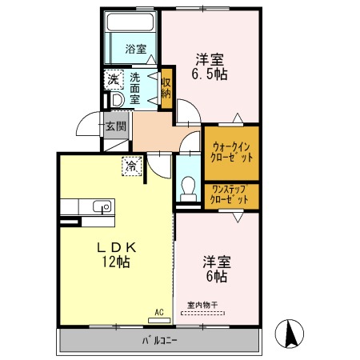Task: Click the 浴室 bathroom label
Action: click(136, 49)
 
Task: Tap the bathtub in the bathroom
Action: click(130, 22)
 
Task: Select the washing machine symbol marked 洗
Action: click(114, 79)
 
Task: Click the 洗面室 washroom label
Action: click(135, 89)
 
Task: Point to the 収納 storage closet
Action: click(166, 89)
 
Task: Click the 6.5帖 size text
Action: click(210, 74)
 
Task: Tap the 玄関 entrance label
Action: click(116, 126)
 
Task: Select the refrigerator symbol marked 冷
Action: click(132, 166)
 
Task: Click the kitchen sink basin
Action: click(102, 206)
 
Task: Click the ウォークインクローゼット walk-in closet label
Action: click(231, 153)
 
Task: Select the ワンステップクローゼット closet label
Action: click(230, 195)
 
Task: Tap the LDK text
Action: click(117, 248)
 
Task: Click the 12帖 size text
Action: click(116, 262)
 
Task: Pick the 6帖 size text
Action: click(217, 277)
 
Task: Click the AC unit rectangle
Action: click(159, 320)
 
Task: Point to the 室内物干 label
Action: click(202, 305)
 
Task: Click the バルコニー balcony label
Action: click(159, 341)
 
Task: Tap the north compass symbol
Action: click(290, 334)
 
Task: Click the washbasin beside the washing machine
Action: click(118, 100)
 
